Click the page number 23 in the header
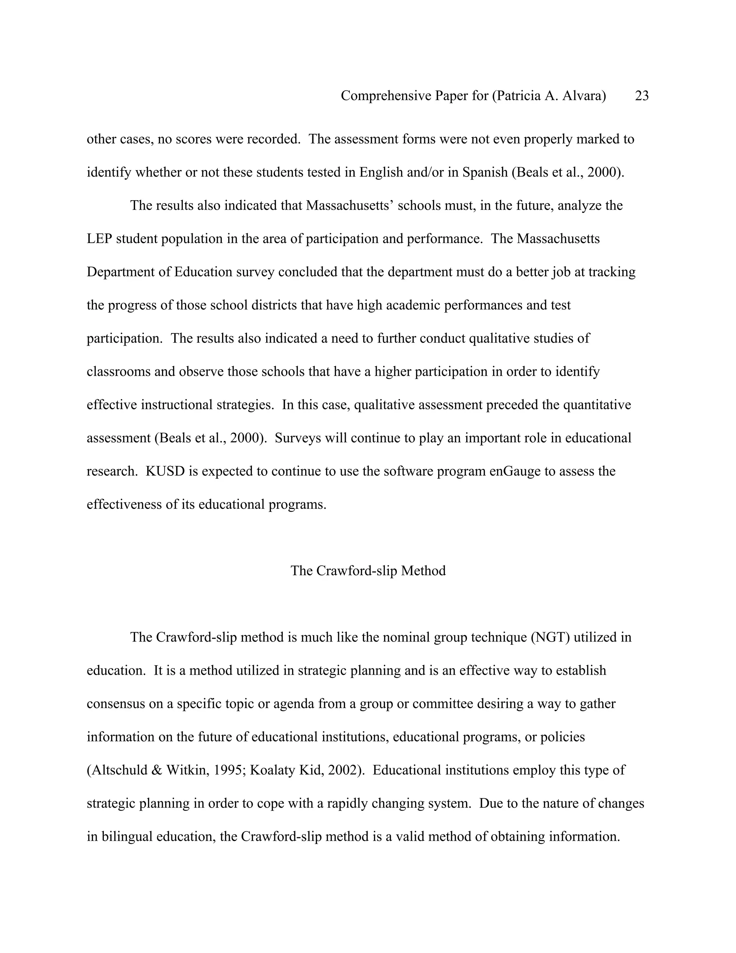(x=641, y=96)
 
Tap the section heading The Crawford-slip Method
(x=368, y=571)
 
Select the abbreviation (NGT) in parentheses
(x=550, y=638)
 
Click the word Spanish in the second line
(x=485, y=172)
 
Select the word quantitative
(x=597, y=405)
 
